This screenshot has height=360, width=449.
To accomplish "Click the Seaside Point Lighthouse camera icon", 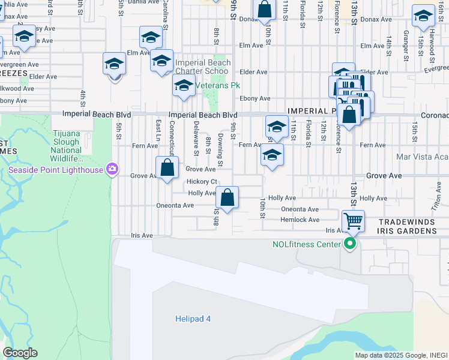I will [x=112, y=169].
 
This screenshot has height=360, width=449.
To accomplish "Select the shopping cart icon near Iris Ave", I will [x=354, y=221].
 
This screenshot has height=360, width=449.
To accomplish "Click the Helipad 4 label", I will [x=193, y=319].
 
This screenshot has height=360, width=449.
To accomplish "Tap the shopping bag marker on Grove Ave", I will [x=167, y=168].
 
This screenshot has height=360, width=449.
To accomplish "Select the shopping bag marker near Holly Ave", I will [x=227, y=197].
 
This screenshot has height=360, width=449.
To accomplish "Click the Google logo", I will [x=20, y=353].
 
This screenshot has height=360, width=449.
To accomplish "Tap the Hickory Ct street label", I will [x=201, y=182].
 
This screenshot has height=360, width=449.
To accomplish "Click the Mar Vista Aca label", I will [x=422, y=157].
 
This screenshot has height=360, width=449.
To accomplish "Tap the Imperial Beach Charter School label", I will [x=202, y=67].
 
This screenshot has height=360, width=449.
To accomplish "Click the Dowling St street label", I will [x=221, y=151].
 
